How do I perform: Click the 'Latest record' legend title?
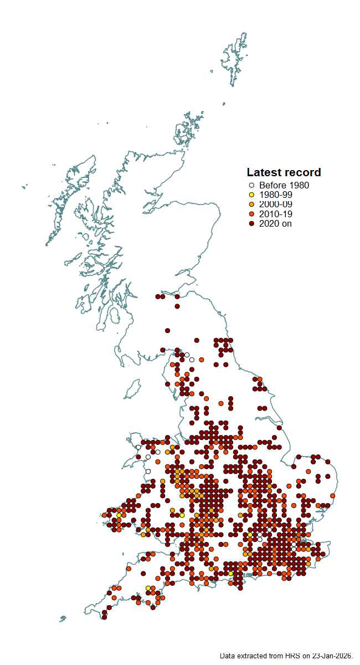tap(284, 172)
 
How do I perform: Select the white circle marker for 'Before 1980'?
tap(251, 186)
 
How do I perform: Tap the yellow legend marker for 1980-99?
tap(251, 195)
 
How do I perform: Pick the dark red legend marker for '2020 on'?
tap(251, 223)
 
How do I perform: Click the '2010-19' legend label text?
tap(276, 214)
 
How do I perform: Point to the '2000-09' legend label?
tap(276, 204)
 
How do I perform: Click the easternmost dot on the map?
tap(332, 495)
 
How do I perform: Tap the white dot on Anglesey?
tap(138, 447)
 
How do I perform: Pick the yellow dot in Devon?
tap(148, 588)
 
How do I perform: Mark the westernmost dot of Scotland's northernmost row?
tap(158, 296)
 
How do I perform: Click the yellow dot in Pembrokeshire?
tap(119, 515)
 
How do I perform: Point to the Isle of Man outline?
tap(132, 390)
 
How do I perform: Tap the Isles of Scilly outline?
tap(63, 618)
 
